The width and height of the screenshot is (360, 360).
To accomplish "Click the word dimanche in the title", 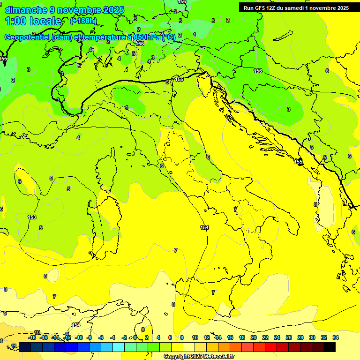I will point(26,10).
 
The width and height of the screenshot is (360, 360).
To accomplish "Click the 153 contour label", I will point(32,217).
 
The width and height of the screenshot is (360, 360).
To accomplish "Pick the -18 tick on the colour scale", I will point(32,337).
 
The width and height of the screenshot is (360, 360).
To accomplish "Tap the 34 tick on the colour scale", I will point(336,337).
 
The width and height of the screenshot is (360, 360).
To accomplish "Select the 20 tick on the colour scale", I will point(254,337).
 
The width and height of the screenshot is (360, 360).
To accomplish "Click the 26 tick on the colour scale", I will point(289,337).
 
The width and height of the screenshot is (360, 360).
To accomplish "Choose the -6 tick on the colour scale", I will point(101,337).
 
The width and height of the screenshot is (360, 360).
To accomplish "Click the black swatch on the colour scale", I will point(330,347).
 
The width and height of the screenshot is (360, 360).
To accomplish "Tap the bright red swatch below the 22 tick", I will point(271,347).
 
